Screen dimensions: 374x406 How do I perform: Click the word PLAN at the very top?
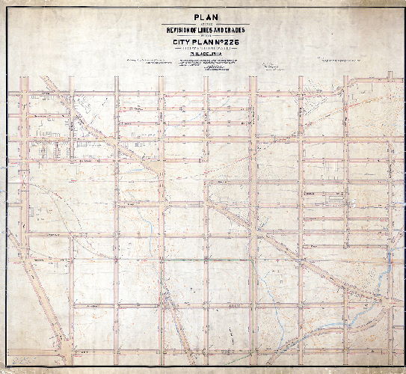(x=204, y=13)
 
